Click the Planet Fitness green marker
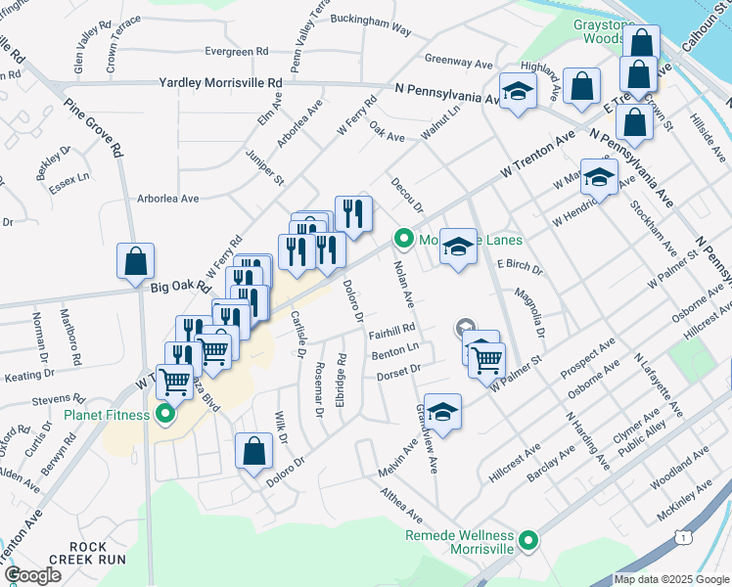[164, 415]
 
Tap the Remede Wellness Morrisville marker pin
[528, 540]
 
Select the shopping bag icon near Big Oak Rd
[135, 261]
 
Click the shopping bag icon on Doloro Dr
[253, 452]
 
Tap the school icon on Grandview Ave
[442, 412]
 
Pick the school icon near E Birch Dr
[457, 247]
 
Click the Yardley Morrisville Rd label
[220, 83]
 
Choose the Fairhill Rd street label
[394, 330]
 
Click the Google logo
[32, 575]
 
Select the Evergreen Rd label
[236, 51]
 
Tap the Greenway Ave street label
[458, 63]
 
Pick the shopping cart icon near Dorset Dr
[485, 360]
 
